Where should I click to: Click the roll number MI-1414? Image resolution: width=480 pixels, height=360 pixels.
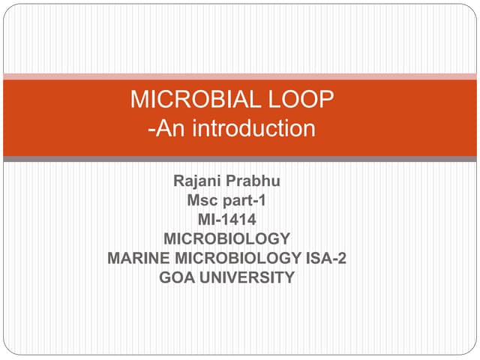pos(226,220)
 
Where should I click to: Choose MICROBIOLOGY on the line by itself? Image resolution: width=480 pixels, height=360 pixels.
pos(226,239)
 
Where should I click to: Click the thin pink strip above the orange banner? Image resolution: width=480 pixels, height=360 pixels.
pos(240,76)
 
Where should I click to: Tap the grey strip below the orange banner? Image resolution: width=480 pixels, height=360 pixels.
pos(240,159)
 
